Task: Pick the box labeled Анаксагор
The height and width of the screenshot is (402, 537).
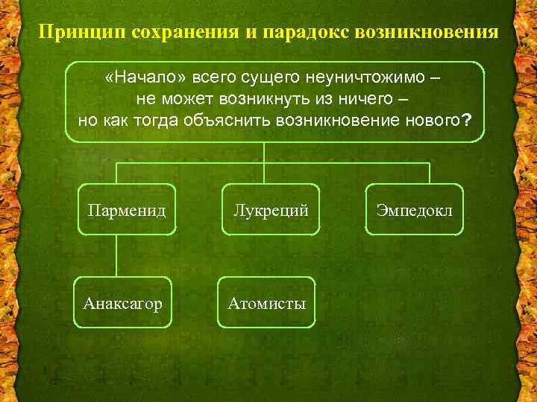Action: [123, 303]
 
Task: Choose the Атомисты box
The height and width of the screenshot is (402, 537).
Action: [267, 303]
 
